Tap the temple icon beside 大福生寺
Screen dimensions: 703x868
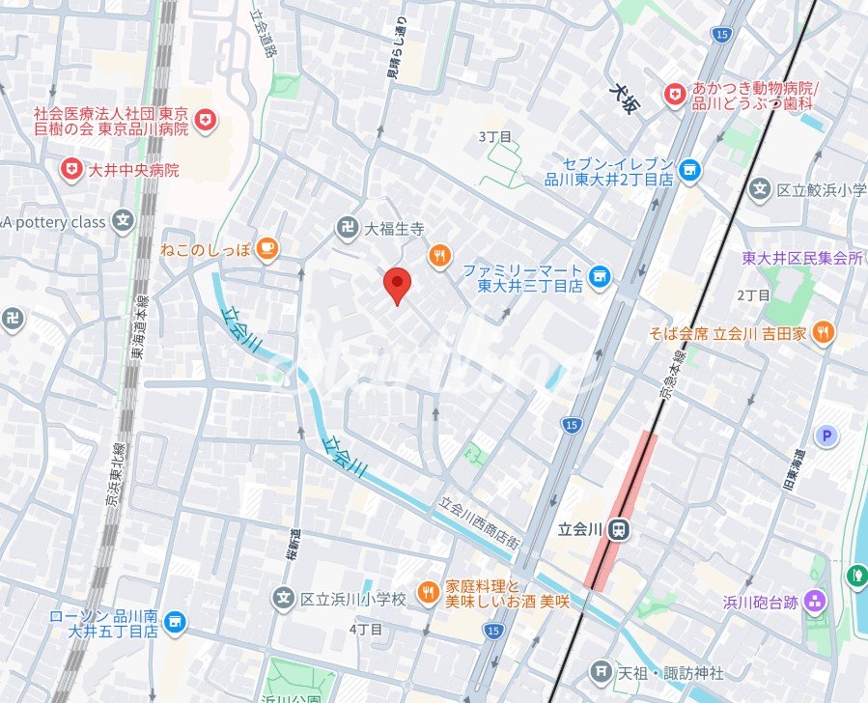pyautogui.click(x=347, y=229)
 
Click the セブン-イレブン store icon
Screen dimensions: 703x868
pyautogui.click(x=689, y=170)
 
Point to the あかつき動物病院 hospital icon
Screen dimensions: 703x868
pyautogui.click(x=674, y=94)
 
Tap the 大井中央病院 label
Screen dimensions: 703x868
pyautogui.click(x=133, y=171)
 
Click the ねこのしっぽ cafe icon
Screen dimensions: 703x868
pyautogui.click(x=266, y=249)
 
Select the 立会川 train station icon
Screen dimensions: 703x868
pyautogui.click(x=620, y=528)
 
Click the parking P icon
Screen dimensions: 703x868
pyautogui.click(x=826, y=436)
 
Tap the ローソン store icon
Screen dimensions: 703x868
pyautogui.click(x=175, y=621)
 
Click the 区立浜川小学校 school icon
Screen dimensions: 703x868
pyautogui.click(x=283, y=599)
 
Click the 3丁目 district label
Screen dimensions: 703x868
pyautogui.click(x=495, y=137)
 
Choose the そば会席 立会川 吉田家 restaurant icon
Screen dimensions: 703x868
pyautogui.click(x=823, y=334)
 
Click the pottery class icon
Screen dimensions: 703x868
pyautogui.click(x=122, y=222)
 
